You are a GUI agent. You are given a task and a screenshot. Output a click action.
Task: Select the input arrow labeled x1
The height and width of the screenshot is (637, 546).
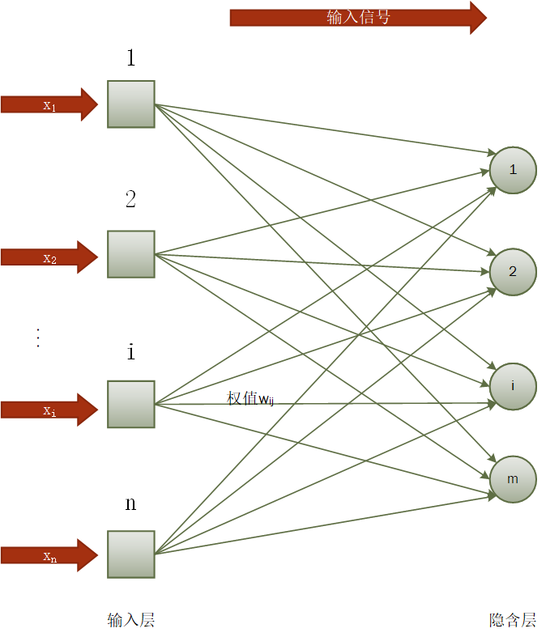49,104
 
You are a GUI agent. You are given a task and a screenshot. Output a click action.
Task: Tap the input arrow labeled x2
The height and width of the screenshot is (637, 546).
49,257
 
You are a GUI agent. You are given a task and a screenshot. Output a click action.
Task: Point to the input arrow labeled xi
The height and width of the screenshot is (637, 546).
49,410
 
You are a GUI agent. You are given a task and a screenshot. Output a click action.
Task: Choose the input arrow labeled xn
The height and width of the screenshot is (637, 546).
49,555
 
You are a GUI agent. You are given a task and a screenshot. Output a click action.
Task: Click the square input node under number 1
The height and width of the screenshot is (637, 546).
131,104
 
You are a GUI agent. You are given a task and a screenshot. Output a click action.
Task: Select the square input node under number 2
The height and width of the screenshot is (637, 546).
131,254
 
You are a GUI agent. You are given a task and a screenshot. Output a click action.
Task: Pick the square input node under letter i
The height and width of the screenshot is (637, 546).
131,404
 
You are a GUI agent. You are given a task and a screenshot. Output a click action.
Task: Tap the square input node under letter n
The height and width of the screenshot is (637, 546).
131,554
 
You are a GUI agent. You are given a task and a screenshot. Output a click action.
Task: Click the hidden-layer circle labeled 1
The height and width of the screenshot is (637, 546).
513,170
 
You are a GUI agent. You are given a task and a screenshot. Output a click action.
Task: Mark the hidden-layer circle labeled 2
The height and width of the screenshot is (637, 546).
513,272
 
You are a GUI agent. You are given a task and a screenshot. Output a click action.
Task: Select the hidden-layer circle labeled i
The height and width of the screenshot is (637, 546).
513,386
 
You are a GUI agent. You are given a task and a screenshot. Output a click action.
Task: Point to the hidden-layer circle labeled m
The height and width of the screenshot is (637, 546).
513,479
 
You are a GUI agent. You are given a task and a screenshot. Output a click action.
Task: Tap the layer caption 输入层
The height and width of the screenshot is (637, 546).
130,620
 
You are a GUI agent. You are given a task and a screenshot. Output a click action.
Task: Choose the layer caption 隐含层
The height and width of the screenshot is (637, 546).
513,620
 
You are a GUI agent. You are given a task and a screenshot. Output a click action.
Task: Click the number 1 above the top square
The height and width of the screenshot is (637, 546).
130,58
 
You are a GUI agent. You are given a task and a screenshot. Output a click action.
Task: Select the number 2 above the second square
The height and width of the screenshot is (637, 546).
130,199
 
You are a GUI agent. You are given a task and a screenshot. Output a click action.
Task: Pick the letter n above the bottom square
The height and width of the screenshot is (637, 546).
130,503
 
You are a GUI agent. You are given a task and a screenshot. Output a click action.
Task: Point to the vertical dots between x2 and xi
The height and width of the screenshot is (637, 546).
37,337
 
